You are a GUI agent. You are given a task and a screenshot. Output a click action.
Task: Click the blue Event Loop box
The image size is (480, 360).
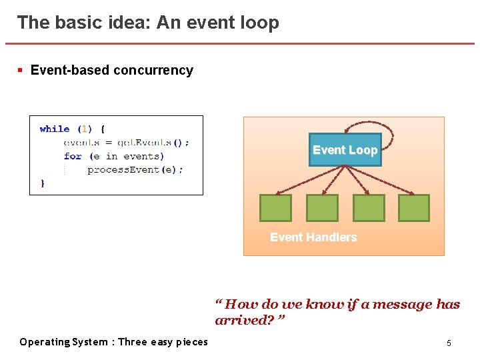345,150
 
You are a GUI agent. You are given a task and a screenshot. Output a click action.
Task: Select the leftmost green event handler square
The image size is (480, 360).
275,208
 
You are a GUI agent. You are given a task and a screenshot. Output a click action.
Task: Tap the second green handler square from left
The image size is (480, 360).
322,208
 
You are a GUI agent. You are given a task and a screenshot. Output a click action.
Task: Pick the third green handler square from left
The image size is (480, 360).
369,208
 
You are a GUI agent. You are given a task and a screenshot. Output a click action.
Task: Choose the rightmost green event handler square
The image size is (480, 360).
414,208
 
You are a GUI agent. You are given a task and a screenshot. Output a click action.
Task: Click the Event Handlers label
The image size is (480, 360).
313,237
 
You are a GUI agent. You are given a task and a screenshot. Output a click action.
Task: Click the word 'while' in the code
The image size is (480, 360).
55,129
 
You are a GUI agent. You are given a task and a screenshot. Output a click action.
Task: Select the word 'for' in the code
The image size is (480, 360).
73,156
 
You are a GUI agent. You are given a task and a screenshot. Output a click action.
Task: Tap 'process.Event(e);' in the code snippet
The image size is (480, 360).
135,169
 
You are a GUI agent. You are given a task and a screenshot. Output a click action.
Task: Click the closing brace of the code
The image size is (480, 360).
43,182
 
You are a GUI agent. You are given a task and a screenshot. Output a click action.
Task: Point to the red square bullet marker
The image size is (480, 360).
21,69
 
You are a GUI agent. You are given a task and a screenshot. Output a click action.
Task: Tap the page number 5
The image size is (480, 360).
449,343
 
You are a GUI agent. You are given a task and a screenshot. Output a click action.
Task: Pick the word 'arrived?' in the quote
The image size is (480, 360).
243,321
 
